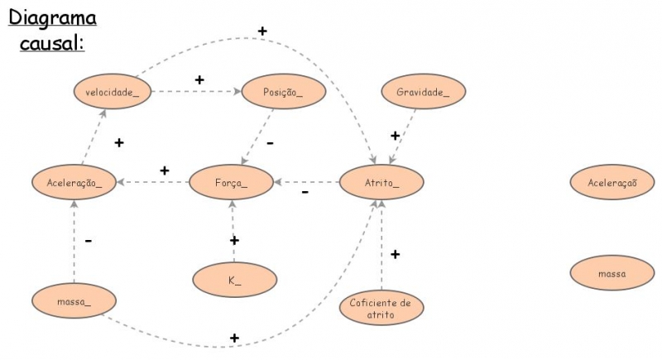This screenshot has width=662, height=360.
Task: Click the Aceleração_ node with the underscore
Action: point(74,182)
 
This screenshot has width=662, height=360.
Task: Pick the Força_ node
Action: point(231,182)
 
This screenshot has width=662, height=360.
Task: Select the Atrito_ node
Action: point(381,182)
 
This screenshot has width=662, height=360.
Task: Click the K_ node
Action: point(234,280)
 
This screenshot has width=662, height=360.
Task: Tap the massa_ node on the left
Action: point(74,300)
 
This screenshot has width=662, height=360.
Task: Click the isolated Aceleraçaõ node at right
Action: point(612,182)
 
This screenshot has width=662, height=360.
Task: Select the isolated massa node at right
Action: point(612,272)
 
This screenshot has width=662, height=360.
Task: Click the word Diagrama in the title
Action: point(52,17)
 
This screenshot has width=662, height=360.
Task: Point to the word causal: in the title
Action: point(52,41)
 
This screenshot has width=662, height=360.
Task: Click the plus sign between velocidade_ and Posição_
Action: point(199,79)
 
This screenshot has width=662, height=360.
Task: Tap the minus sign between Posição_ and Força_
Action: point(270,142)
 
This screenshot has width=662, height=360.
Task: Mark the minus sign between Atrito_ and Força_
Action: point(305,193)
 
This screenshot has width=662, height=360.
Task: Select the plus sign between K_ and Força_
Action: point(234,240)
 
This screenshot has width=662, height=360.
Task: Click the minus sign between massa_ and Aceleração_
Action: point(89,241)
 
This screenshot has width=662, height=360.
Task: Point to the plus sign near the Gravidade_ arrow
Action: point(395,135)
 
